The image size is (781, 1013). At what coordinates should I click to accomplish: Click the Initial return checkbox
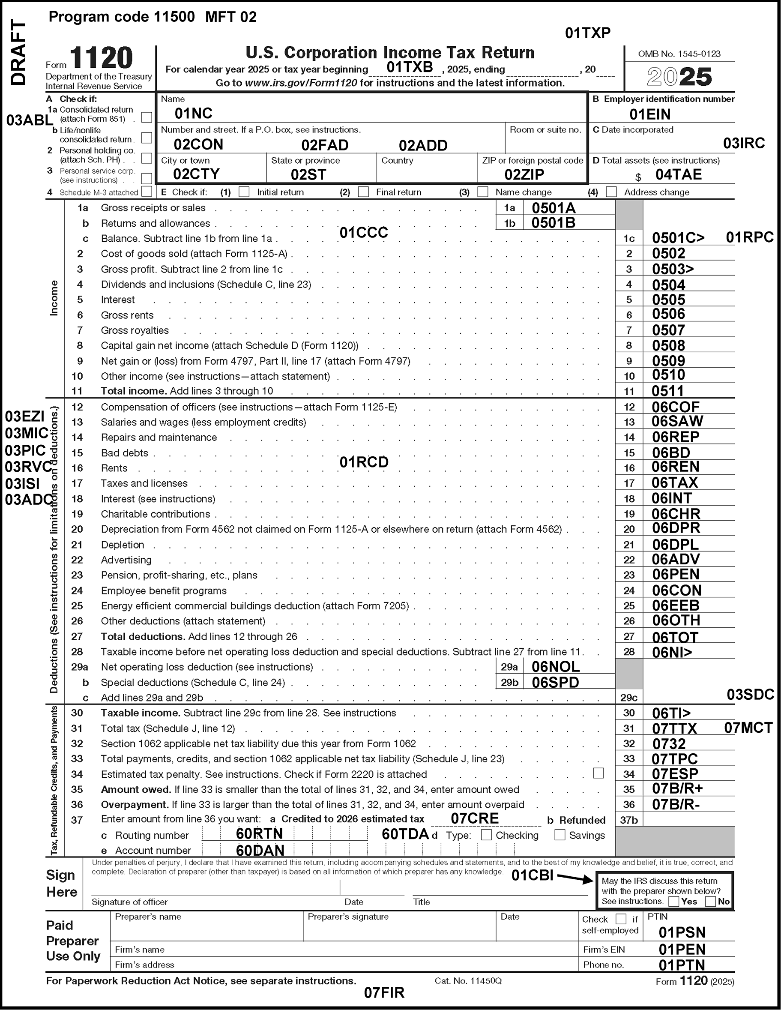[x=244, y=192]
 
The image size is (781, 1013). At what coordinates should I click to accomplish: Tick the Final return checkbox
[x=364, y=192]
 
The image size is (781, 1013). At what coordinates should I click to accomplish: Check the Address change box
[x=611, y=192]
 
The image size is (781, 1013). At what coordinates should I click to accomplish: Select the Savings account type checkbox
[x=560, y=835]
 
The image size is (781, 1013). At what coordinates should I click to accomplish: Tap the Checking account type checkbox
[x=487, y=835]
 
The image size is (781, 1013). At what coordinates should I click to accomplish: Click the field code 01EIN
[x=650, y=114]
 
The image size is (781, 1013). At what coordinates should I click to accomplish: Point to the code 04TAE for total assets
[x=679, y=175]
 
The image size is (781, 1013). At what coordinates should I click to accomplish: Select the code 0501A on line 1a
[x=553, y=208]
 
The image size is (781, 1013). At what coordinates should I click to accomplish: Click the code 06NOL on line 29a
[x=556, y=667]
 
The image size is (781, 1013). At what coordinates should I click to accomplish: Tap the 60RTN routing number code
[x=259, y=834]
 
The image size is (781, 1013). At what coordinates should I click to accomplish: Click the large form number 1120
[x=102, y=58]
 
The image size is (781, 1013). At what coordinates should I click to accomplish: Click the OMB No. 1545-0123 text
[x=679, y=54]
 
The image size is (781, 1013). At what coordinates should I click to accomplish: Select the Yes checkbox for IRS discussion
[x=674, y=902]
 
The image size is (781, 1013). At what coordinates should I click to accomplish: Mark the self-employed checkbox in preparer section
[x=620, y=919]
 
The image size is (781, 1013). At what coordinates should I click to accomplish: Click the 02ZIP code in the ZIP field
[x=524, y=175]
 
